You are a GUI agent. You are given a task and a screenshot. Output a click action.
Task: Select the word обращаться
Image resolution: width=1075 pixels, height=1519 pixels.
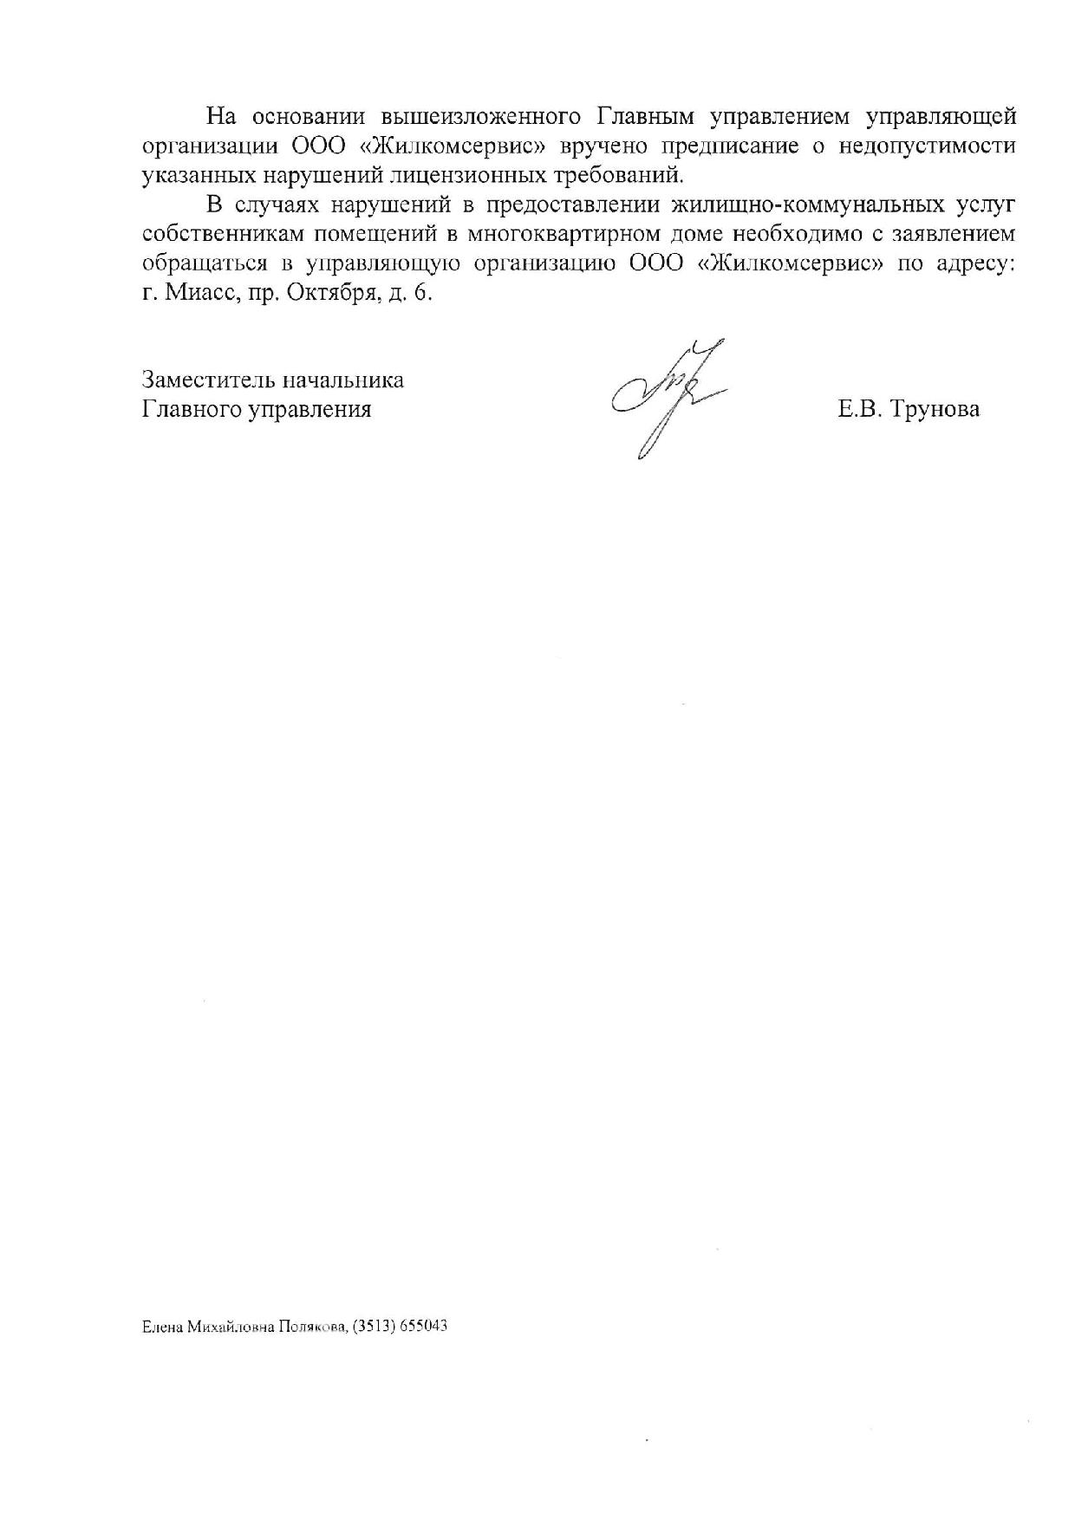[198, 264]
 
